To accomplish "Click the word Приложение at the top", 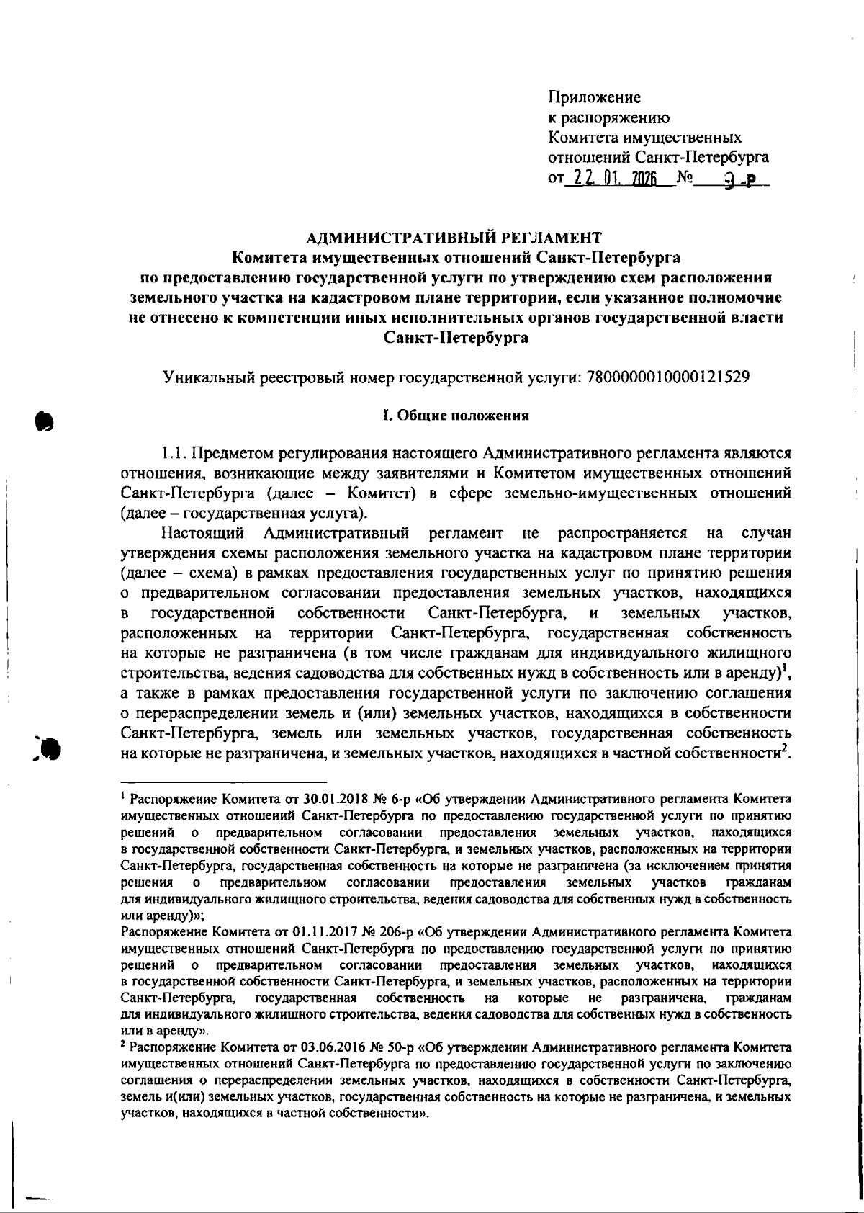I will point(594,97).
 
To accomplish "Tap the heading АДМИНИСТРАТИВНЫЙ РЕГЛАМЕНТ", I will point(454,237).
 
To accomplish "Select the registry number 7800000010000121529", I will point(669,376).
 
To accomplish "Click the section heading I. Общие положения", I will point(455,415).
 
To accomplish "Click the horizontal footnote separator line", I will point(223,781).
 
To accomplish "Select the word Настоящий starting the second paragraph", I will point(203,533).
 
